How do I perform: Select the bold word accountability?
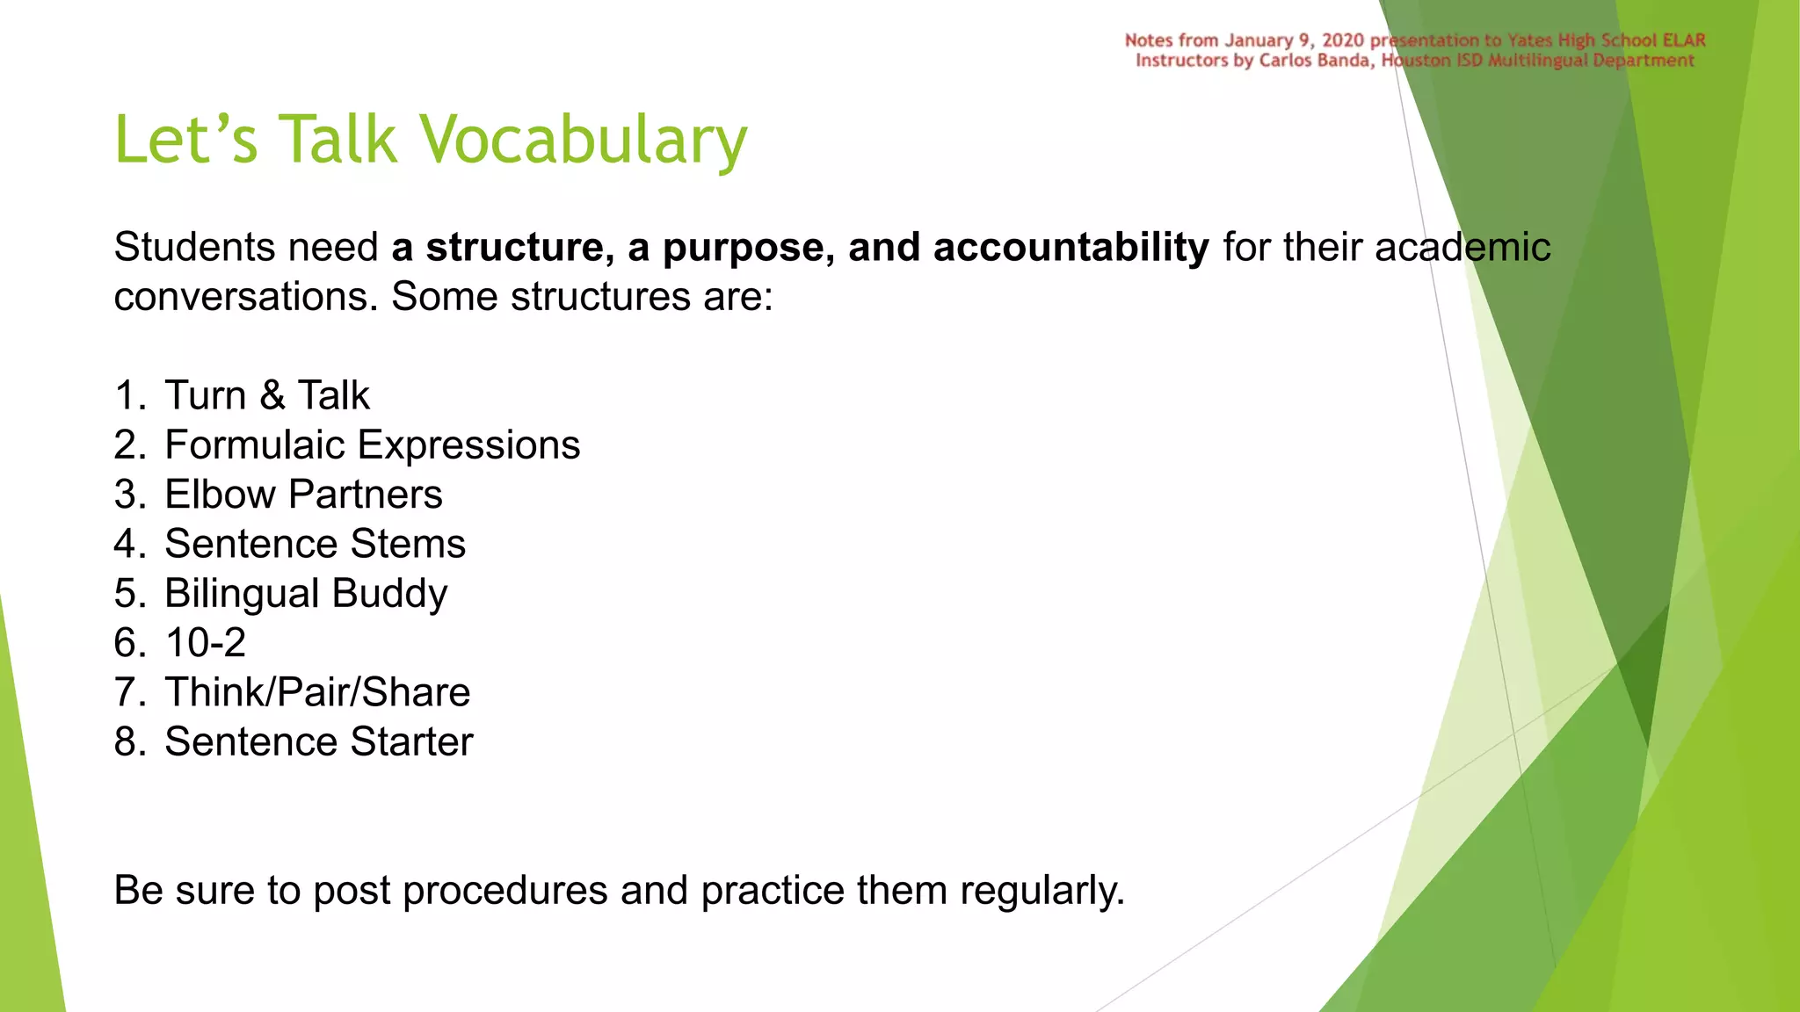[x=1071, y=248]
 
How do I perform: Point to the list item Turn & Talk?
[x=266, y=395]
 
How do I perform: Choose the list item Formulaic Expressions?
[x=372, y=445]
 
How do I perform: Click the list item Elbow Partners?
[x=303, y=495]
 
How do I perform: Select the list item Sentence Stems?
[x=315, y=544]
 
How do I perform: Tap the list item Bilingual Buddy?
[x=306, y=594]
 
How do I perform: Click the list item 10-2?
[x=205, y=643]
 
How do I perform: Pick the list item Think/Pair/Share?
[x=317, y=692]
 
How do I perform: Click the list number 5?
[x=127, y=594]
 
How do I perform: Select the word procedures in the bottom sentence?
[x=504, y=891]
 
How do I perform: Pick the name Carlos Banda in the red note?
[x=1316, y=61]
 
